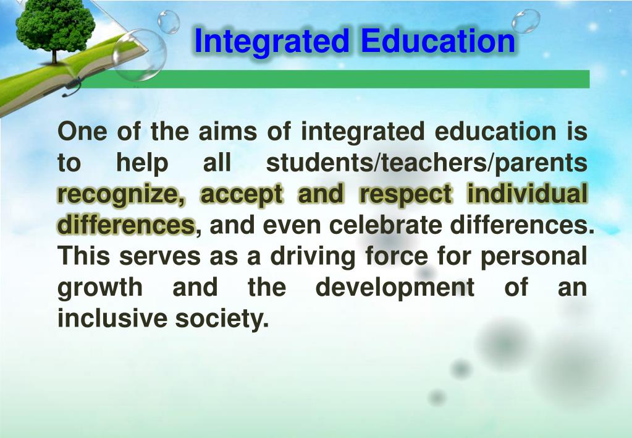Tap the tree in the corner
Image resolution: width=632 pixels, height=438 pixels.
(55, 28)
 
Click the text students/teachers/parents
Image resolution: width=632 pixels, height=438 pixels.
(426, 163)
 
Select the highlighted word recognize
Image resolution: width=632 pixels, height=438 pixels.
(121, 195)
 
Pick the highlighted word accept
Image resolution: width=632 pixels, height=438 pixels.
(241, 195)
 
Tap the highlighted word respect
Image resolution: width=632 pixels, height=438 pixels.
(406, 195)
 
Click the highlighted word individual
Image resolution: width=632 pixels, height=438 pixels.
(527, 195)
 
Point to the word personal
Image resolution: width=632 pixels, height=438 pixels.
(534, 256)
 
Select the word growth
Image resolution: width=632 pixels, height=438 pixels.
(99, 288)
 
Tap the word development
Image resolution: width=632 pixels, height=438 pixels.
(395, 288)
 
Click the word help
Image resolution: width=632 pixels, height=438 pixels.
(142, 163)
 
